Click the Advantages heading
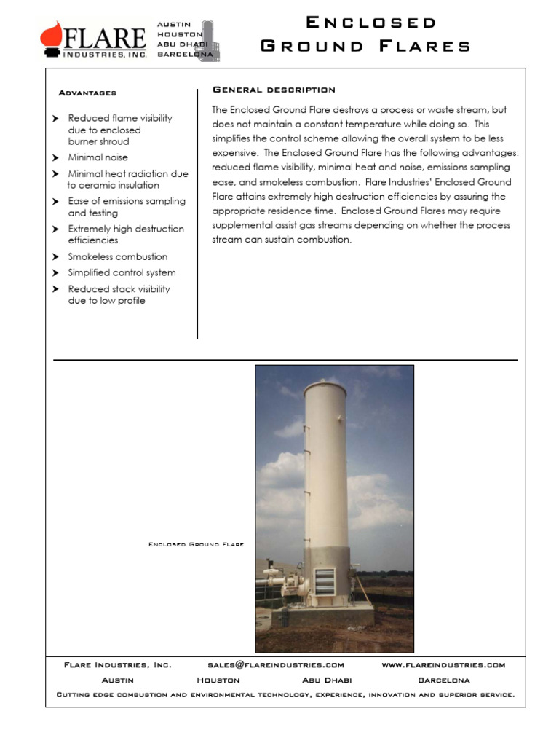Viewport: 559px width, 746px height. coord(87,93)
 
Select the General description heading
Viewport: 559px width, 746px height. coord(274,90)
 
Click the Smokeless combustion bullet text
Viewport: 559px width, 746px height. coord(118,257)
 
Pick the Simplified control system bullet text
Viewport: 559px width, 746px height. coord(122,273)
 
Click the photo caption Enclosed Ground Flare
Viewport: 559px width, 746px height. coord(197,544)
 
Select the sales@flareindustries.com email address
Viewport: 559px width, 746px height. coord(276,665)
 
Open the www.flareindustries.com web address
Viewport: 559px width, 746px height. coord(443,665)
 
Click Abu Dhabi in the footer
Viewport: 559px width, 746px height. coord(327,680)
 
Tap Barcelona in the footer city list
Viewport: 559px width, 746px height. coord(444,680)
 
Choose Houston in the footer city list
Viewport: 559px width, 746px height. coord(218,680)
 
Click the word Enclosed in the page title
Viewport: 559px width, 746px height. coord(371,23)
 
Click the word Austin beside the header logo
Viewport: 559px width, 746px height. coord(174,25)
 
